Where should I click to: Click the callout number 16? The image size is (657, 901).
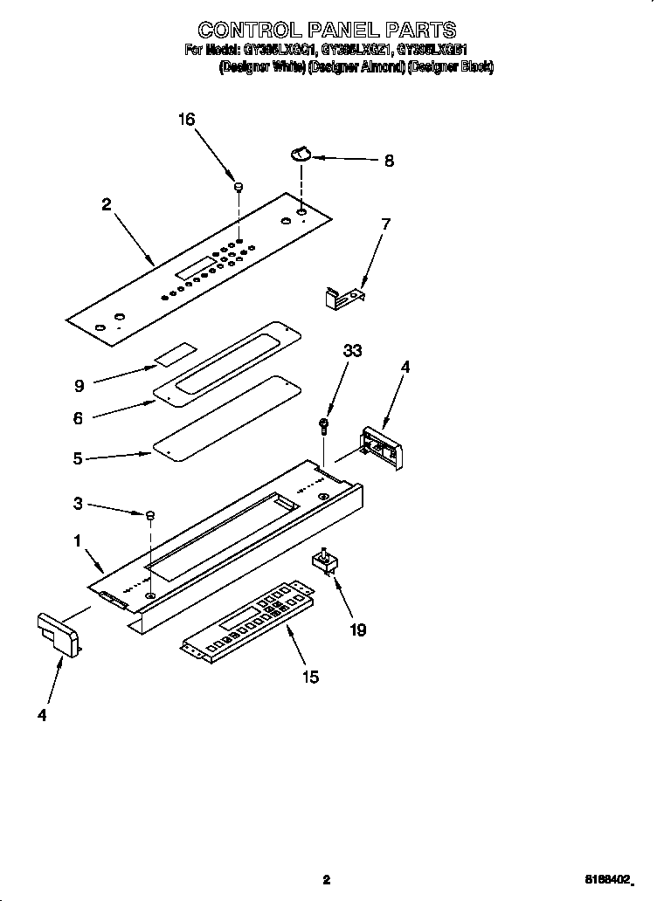tap(186, 120)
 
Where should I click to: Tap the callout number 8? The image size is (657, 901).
tap(389, 161)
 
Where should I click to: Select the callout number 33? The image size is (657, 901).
tap(353, 351)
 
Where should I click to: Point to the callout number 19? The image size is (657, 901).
tap(357, 629)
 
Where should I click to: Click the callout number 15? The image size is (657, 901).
tap(309, 676)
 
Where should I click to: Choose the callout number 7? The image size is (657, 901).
tap(385, 224)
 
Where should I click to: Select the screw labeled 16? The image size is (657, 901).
tap(237, 186)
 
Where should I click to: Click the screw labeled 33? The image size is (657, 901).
tap(325, 425)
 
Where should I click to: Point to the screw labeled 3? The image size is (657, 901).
tap(150, 517)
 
